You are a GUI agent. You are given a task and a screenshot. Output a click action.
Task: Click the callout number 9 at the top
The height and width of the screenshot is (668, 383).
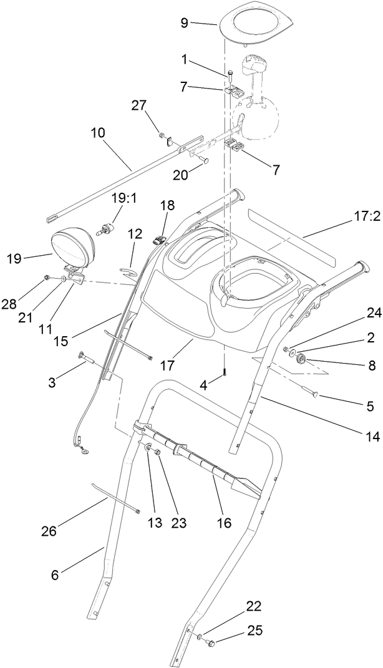(x=184, y=23)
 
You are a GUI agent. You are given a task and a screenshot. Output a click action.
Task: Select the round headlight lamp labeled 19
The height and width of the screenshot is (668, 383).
(x=71, y=249)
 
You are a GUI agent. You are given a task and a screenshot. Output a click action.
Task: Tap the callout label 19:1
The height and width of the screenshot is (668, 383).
(x=123, y=198)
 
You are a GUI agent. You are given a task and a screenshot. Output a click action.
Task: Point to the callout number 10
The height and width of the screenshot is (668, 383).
(x=97, y=133)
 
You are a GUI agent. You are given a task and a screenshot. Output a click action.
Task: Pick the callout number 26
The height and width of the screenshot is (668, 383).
(x=49, y=531)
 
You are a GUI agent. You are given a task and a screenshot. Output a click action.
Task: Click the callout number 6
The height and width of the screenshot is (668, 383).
(x=55, y=575)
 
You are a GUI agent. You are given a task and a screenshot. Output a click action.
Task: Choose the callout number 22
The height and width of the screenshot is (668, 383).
(x=254, y=606)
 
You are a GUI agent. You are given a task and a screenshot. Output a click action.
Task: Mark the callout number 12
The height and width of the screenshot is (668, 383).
(x=135, y=234)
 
